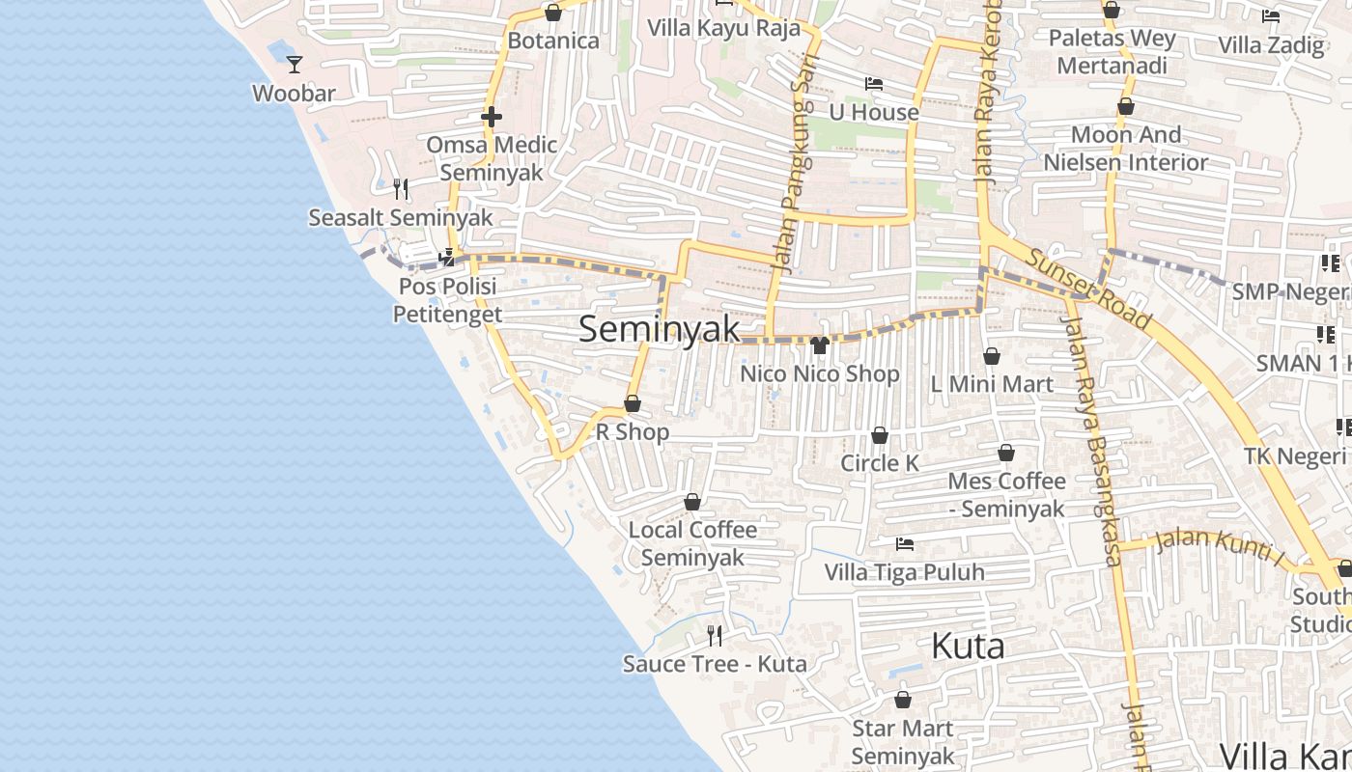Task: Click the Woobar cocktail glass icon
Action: pyautogui.click(x=295, y=65)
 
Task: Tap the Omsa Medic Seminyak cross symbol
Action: pyautogui.click(x=492, y=118)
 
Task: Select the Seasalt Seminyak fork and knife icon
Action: pyautogui.click(x=401, y=188)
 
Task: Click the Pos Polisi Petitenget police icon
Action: pyautogui.click(x=447, y=258)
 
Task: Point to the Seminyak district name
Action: pyautogui.click(x=660, y=329)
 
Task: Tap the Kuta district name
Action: pyautogui.click(x=968, y=646)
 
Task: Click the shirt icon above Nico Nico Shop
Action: pyautogui.click(x=820, y=345)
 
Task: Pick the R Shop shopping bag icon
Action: pyautogui.click(x=633, y=403)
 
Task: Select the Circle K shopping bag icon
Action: pyautogui.click(x=880, y=435)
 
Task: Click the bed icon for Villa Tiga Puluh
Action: pyautogui.click(x=905, y=544)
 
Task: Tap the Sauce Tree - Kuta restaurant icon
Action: pyautogui.click(x=715, y=635)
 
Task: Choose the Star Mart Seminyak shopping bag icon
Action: pyautogui.click(x=903, y=700)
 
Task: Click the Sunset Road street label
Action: pyautogui.click(x=1088, y=289)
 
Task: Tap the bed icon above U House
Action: pyautogui.click(x=874, y=84)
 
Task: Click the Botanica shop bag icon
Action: pyautogui.click(x=553, y=13)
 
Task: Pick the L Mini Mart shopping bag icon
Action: pyautogui.click(x=991, y=356)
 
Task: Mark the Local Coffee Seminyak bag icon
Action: pyautogui.click(x=692, y=502)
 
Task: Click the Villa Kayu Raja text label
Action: pyautogui.click(x=723, y=27)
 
